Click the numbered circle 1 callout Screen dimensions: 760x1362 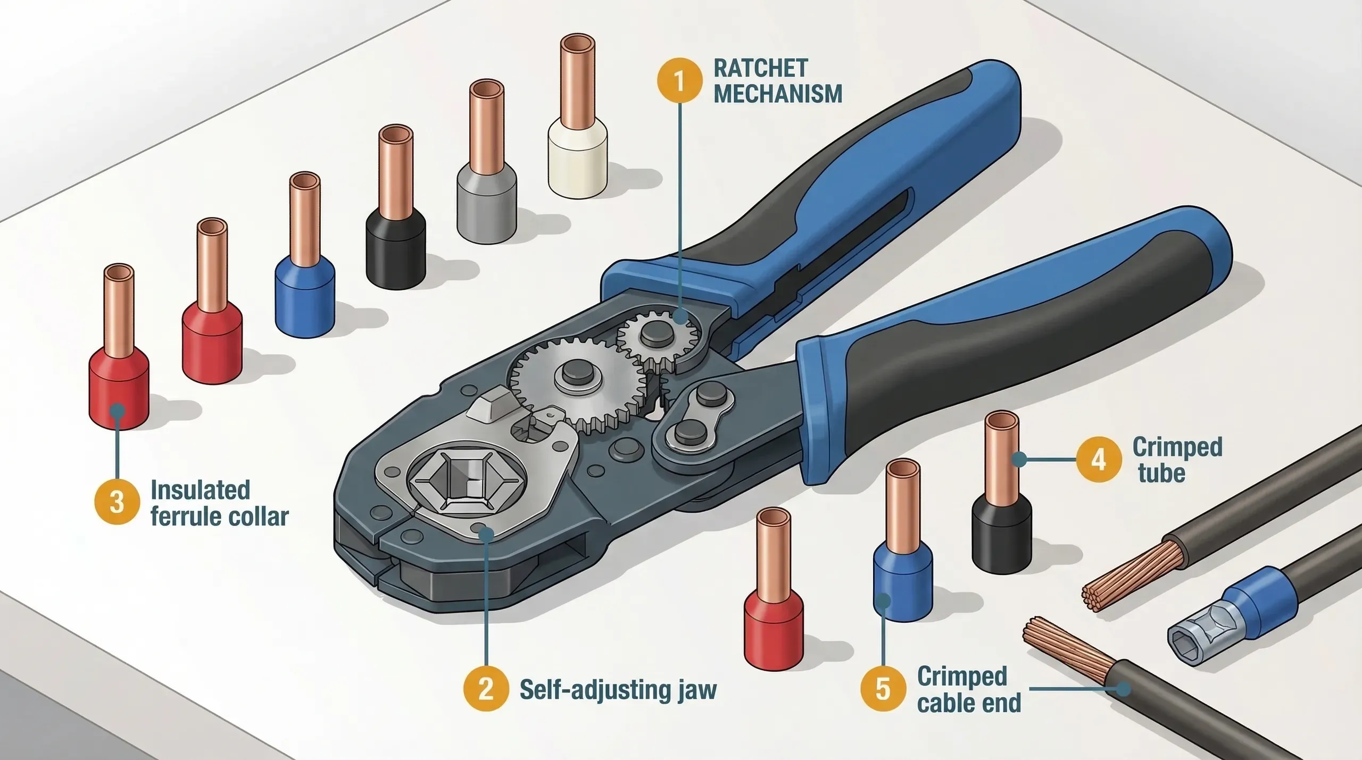(x=679, y=81)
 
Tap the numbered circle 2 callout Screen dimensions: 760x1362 (x=485, y=689)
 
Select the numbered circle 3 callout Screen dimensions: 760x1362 (x=117, y=503)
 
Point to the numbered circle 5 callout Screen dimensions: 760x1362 (x=883, y=690)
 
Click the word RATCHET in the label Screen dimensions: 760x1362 (x=760, y=69)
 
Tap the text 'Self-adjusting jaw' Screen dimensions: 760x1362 (x=618, y=690)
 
